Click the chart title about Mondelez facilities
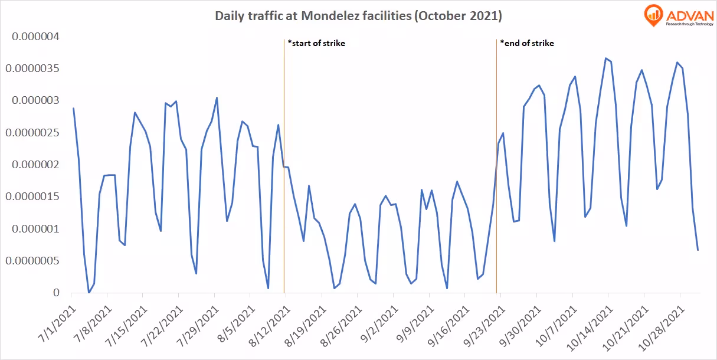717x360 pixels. pyautogui.click(x=358, y=16)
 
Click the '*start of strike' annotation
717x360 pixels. pyautogui.click(x=316, y=43)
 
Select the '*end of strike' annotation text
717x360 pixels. pyautogui.click(x=527, y=43)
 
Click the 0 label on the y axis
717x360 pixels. pyautogui.click(x=55, y=293)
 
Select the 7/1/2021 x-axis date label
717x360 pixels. pyautogui.click(x=57, y=323)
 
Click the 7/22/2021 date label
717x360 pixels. pyautogui.click(x=165, y=323)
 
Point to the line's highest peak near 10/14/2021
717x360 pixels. pyautogui.click(x=605, y=58)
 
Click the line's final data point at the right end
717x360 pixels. pyautogui.click(x=698, y=250)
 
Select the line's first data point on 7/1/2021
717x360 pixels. pyautogui.click(x=73, y=108)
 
